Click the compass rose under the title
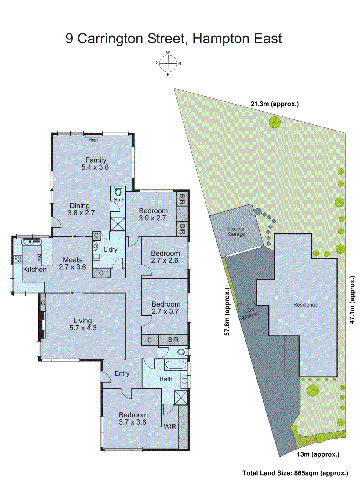168,64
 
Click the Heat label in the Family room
93,140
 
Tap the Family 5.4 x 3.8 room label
96,164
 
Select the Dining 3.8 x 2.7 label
81,209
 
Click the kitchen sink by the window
31,242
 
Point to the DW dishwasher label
39,258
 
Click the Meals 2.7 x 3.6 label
72,263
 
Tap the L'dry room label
111,249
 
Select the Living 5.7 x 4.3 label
83,324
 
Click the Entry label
122,373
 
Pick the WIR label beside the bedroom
170,427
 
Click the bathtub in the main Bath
175,365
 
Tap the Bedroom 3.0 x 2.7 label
153,214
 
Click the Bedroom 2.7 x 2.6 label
165,257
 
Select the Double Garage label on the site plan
236,231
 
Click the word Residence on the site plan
305,305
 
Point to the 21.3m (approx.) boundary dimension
275,104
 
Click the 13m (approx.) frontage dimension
318,454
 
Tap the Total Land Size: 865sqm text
295,473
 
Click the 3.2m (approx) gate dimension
249,313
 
